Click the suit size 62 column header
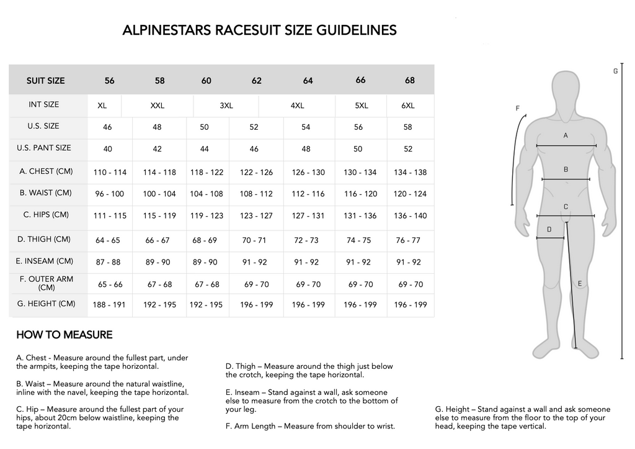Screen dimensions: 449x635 click(x=256, y=81)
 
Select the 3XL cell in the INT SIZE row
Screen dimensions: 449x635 click(x=226, y=106)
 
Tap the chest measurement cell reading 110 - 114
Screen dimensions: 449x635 click(x=109, y=173)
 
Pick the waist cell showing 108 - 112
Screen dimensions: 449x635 click(x=256, y=194)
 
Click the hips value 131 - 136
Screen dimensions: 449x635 click(x=360, y=216)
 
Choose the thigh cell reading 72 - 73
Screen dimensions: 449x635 click(x=306, y=240)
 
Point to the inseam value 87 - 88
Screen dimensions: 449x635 click(x=109, y=262)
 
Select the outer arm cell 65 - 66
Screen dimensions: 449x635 click(x=110, y=284)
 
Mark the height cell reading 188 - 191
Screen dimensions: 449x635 click(x=109, y=305)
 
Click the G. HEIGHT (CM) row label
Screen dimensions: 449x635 click(x=46, y=304)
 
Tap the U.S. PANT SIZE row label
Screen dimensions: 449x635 click(x=44, y=148)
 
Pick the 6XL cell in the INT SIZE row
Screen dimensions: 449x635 click(x=408, y=106)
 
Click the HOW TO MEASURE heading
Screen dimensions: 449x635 click(x=64, y=335)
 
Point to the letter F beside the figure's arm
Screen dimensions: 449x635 click(x=517, y=108)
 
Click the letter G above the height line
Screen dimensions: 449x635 click(x=615, y=71)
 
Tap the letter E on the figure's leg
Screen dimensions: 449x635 click(x=580, y=284)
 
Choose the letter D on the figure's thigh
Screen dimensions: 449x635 click(x=549, y=229)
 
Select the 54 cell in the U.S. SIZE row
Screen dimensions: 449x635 click(x=306, y=127)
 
